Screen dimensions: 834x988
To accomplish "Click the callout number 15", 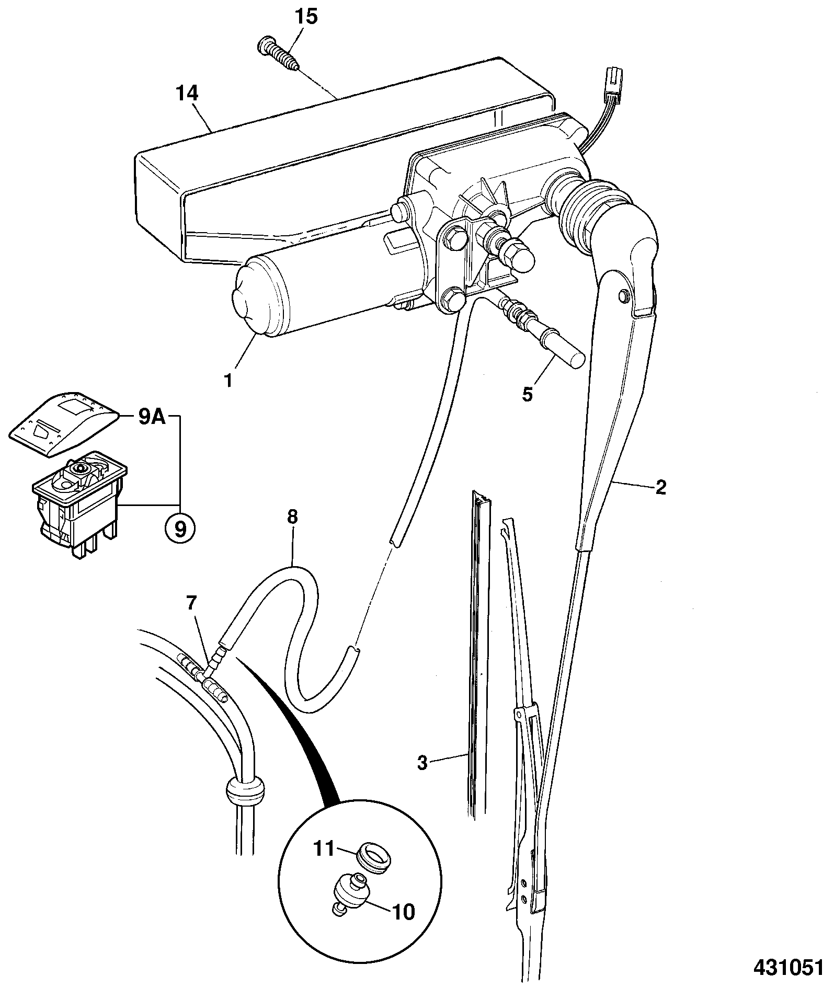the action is click(306, 17).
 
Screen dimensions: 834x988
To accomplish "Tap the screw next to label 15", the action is click(279, 55).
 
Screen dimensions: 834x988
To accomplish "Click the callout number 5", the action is click(527, 394).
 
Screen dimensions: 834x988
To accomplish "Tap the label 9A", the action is click(152, 419).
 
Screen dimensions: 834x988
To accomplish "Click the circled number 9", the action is click(179, 530).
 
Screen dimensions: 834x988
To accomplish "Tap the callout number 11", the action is click(323, 847).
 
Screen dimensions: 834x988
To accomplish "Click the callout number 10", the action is click(403, 912).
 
